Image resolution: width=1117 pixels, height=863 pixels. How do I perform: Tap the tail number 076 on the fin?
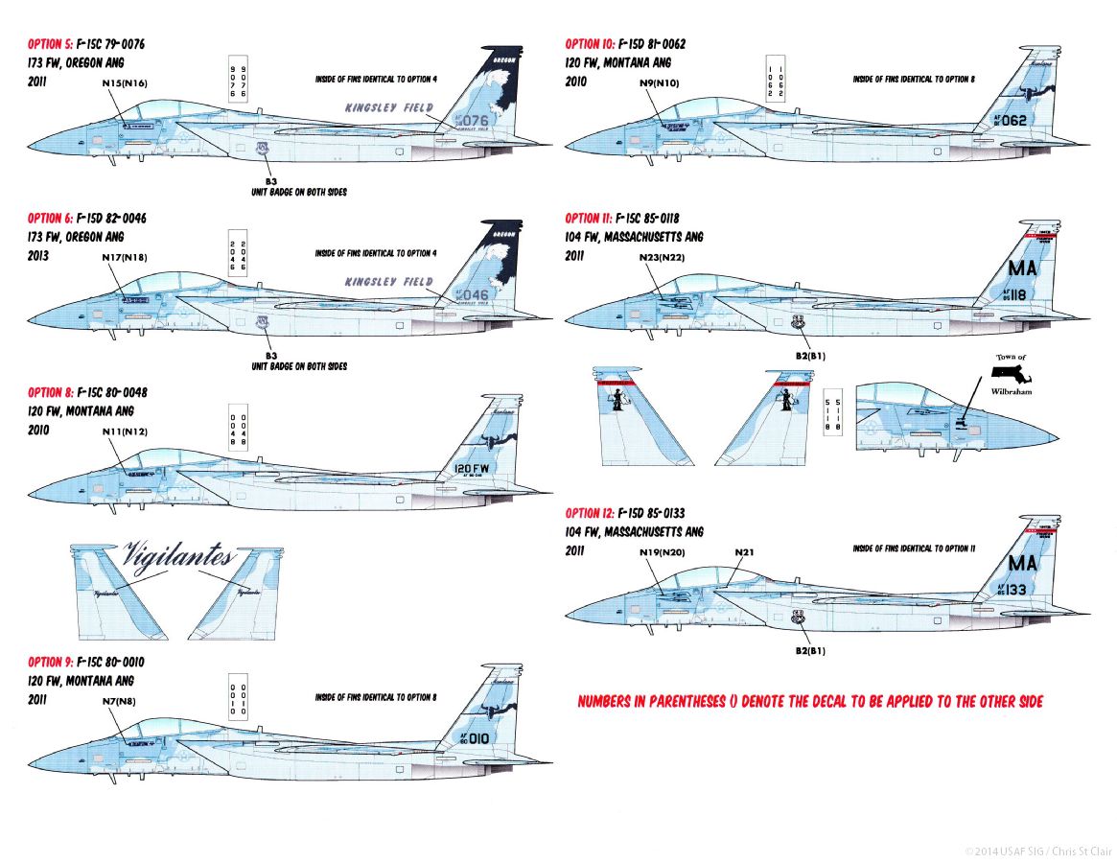point(475,121)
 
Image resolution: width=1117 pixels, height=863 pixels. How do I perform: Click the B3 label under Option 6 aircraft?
point(271,355)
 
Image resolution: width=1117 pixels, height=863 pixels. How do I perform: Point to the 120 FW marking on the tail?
point(472,469)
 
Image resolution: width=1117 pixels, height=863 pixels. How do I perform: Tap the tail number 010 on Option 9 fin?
point(477,738)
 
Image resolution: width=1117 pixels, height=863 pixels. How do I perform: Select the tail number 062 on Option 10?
point(1012,121)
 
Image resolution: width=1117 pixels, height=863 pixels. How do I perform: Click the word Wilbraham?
point(1011,391)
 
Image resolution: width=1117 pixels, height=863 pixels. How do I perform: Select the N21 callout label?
point(746,552)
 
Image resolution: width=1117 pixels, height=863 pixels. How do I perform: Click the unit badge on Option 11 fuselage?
point(799,324)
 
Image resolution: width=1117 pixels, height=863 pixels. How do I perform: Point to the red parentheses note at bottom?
point(810,702)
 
